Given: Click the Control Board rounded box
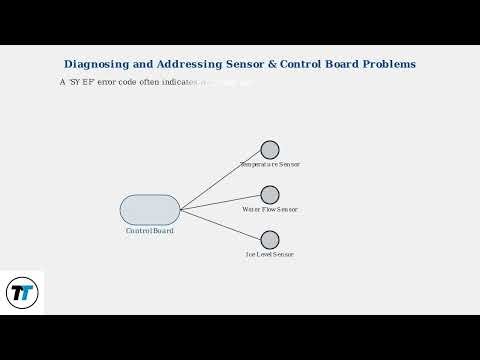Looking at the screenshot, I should tap(150, 210).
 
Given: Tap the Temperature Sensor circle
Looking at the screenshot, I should tap(270, 150).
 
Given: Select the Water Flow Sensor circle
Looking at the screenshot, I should tap(270, 195).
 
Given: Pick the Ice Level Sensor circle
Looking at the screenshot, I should tap(270, 240).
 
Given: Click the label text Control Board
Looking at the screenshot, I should tap(150, 231).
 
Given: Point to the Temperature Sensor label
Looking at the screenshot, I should tap(270, 164).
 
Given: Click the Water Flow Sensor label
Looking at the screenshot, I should tap(270, 210).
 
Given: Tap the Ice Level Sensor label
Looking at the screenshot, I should tap(270, 255).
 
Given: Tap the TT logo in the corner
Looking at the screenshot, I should tap(21, 293).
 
